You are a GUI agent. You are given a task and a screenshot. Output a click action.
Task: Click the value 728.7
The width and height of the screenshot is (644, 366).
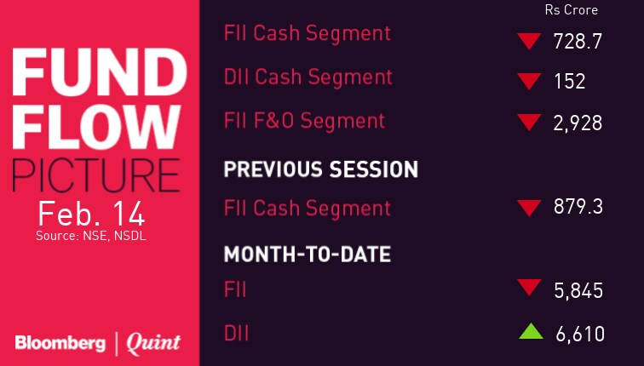click(578, 42)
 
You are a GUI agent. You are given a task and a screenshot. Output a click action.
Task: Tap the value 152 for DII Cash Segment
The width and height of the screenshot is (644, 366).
click(569, 81)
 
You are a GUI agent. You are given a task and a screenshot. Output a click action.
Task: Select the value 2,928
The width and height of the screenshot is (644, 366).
click(578, 123)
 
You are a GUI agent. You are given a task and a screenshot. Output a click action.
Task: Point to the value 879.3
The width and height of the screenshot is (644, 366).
click(578, 206)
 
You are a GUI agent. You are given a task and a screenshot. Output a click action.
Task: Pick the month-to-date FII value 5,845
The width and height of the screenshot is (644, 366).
click(578, 291)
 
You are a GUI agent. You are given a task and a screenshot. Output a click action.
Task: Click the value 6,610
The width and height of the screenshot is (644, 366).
click(580, 334)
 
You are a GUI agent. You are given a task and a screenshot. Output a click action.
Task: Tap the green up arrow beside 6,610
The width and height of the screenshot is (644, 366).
click(531, 331)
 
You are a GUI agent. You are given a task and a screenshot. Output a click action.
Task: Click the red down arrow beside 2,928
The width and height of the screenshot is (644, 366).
click(529, 123)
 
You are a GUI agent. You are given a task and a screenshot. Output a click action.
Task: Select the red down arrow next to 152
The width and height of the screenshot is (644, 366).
click(529, 81)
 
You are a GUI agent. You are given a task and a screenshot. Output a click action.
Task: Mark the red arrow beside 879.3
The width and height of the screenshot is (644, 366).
click(529, 208)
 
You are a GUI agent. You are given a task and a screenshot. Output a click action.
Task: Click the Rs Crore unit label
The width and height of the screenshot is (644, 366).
click(571, 10)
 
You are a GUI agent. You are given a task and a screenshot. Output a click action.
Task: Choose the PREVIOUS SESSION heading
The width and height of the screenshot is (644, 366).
click(321, 169)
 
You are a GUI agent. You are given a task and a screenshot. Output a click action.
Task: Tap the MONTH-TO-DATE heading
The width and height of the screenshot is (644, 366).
click(308, 254)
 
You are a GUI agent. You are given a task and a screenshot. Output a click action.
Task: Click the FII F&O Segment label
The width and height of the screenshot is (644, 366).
click(304, 121)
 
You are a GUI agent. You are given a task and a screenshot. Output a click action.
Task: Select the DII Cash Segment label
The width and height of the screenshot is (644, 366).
click(308, 77)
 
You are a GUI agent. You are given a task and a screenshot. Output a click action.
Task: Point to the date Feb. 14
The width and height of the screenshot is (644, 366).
click(92, 214)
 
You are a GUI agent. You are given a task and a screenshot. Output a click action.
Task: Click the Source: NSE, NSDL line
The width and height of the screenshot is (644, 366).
click(91, 236)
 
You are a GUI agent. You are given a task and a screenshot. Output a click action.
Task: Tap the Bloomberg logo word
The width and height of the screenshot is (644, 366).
click(60, 343)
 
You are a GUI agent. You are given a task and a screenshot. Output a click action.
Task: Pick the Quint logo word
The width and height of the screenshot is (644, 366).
click(153, 344)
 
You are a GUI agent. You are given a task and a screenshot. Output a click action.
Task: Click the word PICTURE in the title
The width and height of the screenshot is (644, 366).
click(95, 175)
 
